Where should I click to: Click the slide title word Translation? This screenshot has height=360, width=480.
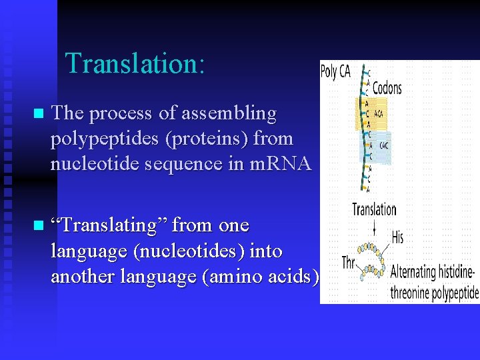point(135,63)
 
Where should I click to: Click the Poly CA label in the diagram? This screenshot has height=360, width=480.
point(335,72)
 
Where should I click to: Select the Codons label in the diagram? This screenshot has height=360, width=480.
point(387,88)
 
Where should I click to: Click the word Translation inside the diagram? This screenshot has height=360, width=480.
point(374,210)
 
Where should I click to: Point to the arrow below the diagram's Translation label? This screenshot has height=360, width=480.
point(375,228)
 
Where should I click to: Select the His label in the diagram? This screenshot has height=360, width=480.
point(397,237)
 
